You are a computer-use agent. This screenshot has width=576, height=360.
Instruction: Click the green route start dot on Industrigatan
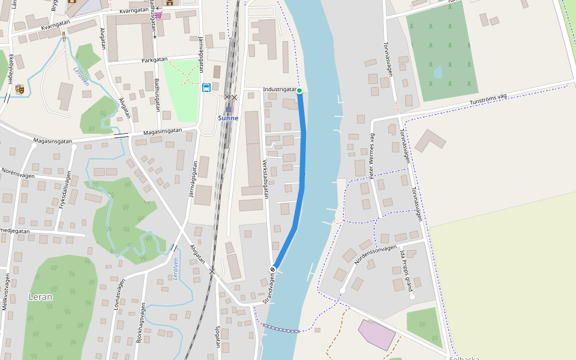coord(299,91)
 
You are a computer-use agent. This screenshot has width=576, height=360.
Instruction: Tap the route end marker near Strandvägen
coord(272,269)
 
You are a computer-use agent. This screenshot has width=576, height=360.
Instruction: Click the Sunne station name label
coord(228,118)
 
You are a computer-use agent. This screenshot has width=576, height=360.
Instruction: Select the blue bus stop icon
coord(206,88)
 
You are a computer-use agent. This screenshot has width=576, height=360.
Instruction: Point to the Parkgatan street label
coord(154,60)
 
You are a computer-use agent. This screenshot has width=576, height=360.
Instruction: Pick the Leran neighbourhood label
coord(40,296)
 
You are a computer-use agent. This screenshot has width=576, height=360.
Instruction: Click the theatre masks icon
coord(20,89)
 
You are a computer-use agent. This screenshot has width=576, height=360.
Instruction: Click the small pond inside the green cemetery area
coord(438,72)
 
